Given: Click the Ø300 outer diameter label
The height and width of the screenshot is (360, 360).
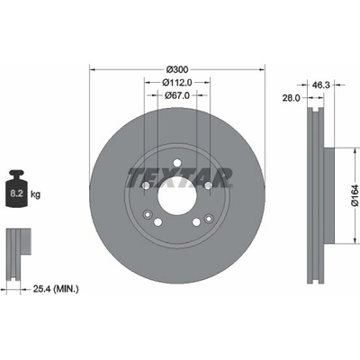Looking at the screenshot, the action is click(x=177, y=69).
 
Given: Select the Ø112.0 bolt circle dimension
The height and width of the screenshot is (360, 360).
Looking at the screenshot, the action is click(x=177, y=82).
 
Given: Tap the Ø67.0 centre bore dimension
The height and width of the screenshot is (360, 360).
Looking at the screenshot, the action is click(x=177, y=95).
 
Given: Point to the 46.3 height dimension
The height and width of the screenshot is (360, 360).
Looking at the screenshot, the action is click(x=321, y=85).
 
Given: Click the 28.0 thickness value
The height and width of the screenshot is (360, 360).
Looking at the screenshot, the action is click(x=291, y=98).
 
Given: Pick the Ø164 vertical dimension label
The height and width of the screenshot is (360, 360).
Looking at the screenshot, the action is click(x=355, y=195).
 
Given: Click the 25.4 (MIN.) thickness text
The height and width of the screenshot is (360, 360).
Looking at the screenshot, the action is click(x=56, y=289).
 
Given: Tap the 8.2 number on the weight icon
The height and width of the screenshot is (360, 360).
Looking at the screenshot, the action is click(x=17, y=193).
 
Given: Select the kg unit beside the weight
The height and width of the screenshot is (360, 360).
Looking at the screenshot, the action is click(x=35, y=194).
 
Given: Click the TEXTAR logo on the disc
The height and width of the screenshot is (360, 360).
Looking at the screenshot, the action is click(x=180, y=177).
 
